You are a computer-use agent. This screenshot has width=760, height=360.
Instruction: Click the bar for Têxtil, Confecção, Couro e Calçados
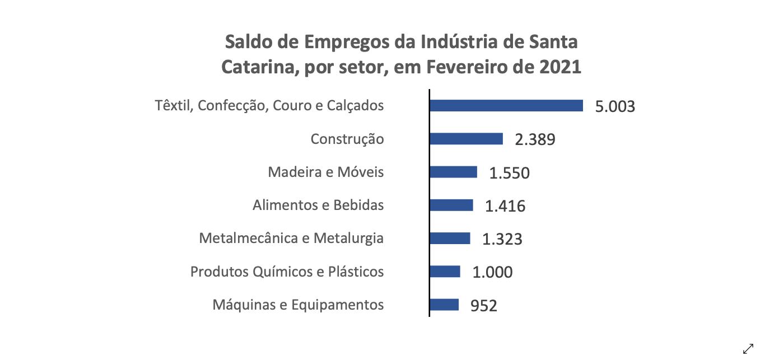[506, 105]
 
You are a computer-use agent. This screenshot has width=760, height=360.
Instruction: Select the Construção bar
[466, 139]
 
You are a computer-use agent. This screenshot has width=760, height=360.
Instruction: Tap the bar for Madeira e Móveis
[453, 172]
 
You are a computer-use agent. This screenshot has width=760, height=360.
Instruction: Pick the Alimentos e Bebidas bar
[451, 205]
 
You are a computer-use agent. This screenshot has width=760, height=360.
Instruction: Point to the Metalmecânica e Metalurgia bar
[450, 238]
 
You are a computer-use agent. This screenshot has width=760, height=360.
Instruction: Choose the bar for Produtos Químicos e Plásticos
[445, 272]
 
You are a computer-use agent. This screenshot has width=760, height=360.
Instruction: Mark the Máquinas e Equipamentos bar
[444, 305]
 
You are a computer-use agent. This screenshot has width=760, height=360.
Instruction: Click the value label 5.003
[615, 106]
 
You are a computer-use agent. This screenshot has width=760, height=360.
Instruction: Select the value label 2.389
[535, 139]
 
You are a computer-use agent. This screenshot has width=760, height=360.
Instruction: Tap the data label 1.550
[509, 173]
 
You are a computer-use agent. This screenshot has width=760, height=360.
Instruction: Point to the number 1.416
[505, 206]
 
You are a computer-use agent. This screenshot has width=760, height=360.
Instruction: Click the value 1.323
[502, 239]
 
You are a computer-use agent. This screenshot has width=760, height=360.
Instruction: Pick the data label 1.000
[492, 273]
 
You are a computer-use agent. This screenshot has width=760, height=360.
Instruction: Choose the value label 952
[483, 306]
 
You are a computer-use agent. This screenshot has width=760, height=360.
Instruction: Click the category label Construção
[347, 139]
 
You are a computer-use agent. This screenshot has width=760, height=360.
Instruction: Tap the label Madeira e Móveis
[326, 172]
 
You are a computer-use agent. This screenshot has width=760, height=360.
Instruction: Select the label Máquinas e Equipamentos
[298, 305]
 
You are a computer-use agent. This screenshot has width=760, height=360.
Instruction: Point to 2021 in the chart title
[561, 67]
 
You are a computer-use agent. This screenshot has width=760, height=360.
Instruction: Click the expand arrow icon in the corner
[748, 348]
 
